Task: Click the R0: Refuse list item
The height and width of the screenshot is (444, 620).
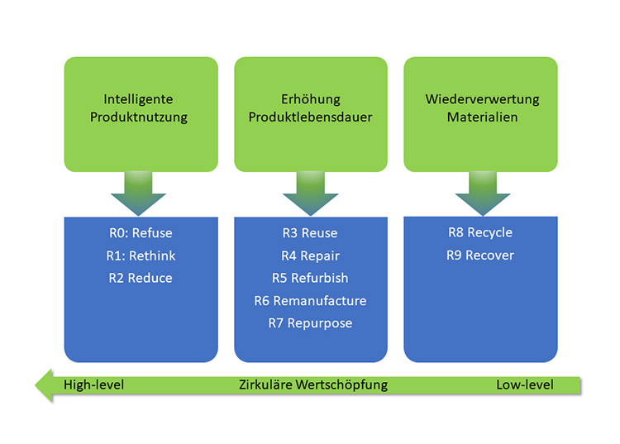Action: point(141,233)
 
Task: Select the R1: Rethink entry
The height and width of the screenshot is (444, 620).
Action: point(141,255)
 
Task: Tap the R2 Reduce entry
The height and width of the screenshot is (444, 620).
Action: point(141,278)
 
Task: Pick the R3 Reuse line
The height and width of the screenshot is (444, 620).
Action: point(310,233)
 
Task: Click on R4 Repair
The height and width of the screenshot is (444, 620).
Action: point(310,255)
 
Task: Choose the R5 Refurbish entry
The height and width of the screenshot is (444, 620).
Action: point(310,278)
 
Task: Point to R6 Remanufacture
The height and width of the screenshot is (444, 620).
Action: point(310,300)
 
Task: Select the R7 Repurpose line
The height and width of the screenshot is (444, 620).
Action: point(310,322)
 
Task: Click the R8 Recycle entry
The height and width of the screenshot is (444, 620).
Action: point(480,232)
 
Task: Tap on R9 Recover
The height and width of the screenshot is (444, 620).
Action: point(480,255)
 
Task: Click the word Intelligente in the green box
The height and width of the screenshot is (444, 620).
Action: point(139,99)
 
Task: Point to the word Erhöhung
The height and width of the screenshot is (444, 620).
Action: point(310,99)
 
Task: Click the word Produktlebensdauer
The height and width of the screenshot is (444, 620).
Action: point(310,117)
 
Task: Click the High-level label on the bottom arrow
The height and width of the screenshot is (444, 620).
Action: point(93,384)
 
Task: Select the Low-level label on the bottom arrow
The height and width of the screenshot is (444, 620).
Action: point(525,384)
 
